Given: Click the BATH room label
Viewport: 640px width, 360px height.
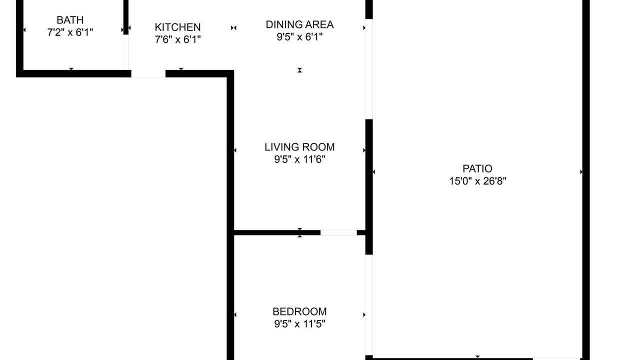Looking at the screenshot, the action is (x=70, y=20).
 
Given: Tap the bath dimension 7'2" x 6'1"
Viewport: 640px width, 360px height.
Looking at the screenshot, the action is (x=70, y=32).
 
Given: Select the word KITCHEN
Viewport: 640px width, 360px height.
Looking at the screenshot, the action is (x=177, y=27).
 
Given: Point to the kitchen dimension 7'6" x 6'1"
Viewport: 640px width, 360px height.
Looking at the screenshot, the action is (x=177, y=39).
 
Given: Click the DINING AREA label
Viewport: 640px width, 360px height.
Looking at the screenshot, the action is (x=299, y=25).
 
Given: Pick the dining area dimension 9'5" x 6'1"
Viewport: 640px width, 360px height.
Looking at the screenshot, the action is (x=299, y=37).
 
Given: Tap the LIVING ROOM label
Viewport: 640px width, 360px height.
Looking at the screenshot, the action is (x=299, y=147).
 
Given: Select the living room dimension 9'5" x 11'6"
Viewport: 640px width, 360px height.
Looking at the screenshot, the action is (x=299, y=159).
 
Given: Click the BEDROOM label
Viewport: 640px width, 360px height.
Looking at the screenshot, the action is (x=299, y=311).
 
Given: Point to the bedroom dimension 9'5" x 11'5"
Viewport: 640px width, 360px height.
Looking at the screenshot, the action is (x=299, y=324).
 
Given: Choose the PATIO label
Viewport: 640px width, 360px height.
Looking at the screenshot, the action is (x=477, y=169).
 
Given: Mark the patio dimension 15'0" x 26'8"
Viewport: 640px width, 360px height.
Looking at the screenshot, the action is (x=477, y=181).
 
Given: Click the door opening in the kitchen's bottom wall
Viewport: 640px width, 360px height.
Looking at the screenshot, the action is (x=148, y=73).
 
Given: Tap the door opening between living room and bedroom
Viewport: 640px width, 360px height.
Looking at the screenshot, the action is (x=338, y=232).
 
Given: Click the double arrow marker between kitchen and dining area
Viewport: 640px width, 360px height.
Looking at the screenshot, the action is (x=233, y=27).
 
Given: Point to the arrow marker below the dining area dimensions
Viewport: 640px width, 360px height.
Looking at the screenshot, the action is (x=299, y=70).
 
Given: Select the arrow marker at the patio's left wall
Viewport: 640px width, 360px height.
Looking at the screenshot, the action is (x=373, y=171).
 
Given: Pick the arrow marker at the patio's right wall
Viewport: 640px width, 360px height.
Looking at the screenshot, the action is (x=581, y=171).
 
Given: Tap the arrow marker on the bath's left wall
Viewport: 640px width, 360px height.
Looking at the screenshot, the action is (x=24, y=29).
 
